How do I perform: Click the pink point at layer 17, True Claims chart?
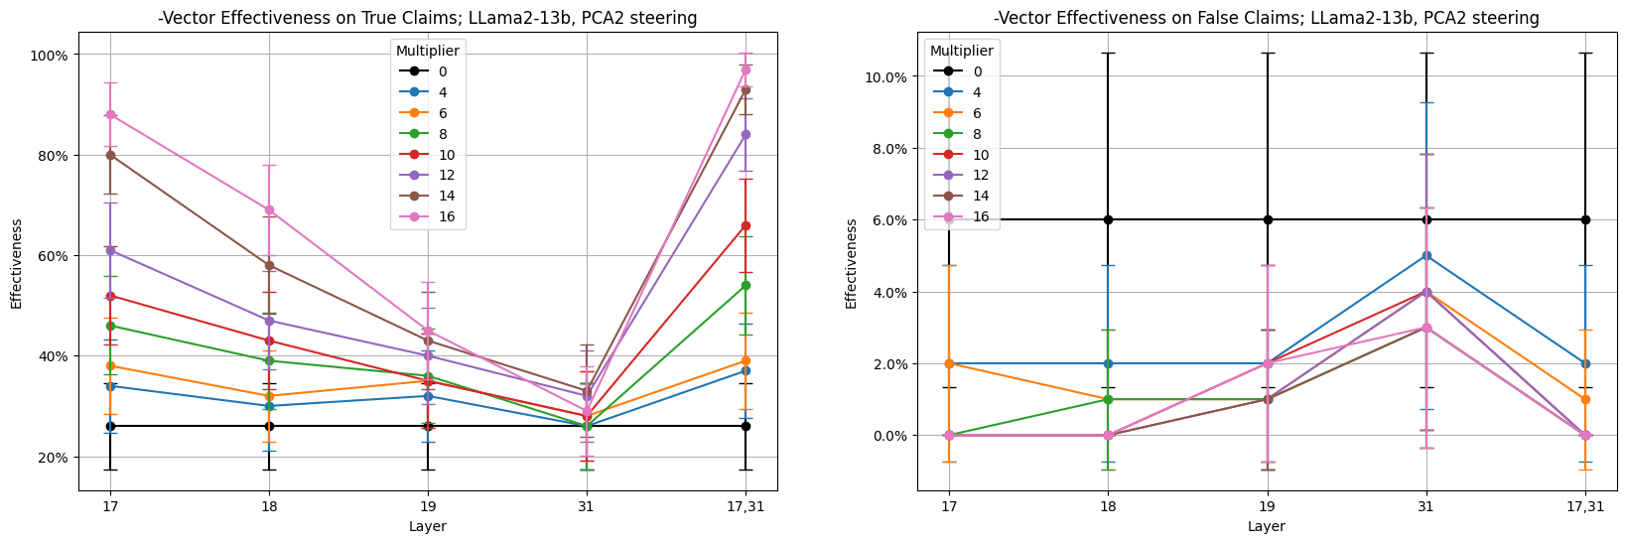[x=110, y=115]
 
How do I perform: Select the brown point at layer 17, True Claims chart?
[x=110, y=155]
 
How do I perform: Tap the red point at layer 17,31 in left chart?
[x=745, y=225]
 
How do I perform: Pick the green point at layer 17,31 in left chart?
[x=745, y=285]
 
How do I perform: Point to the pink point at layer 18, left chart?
[x=269, y=210]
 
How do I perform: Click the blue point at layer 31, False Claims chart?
[x=1426, y=255]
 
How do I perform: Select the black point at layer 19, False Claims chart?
[x=1268, y=219]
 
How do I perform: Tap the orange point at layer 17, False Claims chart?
[x=950, y=363]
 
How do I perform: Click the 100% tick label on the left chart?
[x=48, y=56]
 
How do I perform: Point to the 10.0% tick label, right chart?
[x=884, y=77]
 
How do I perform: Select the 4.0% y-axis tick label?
[x=888, y=292]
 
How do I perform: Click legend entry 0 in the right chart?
[x=977, y=71]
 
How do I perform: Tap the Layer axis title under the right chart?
[x=1267, y=526]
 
